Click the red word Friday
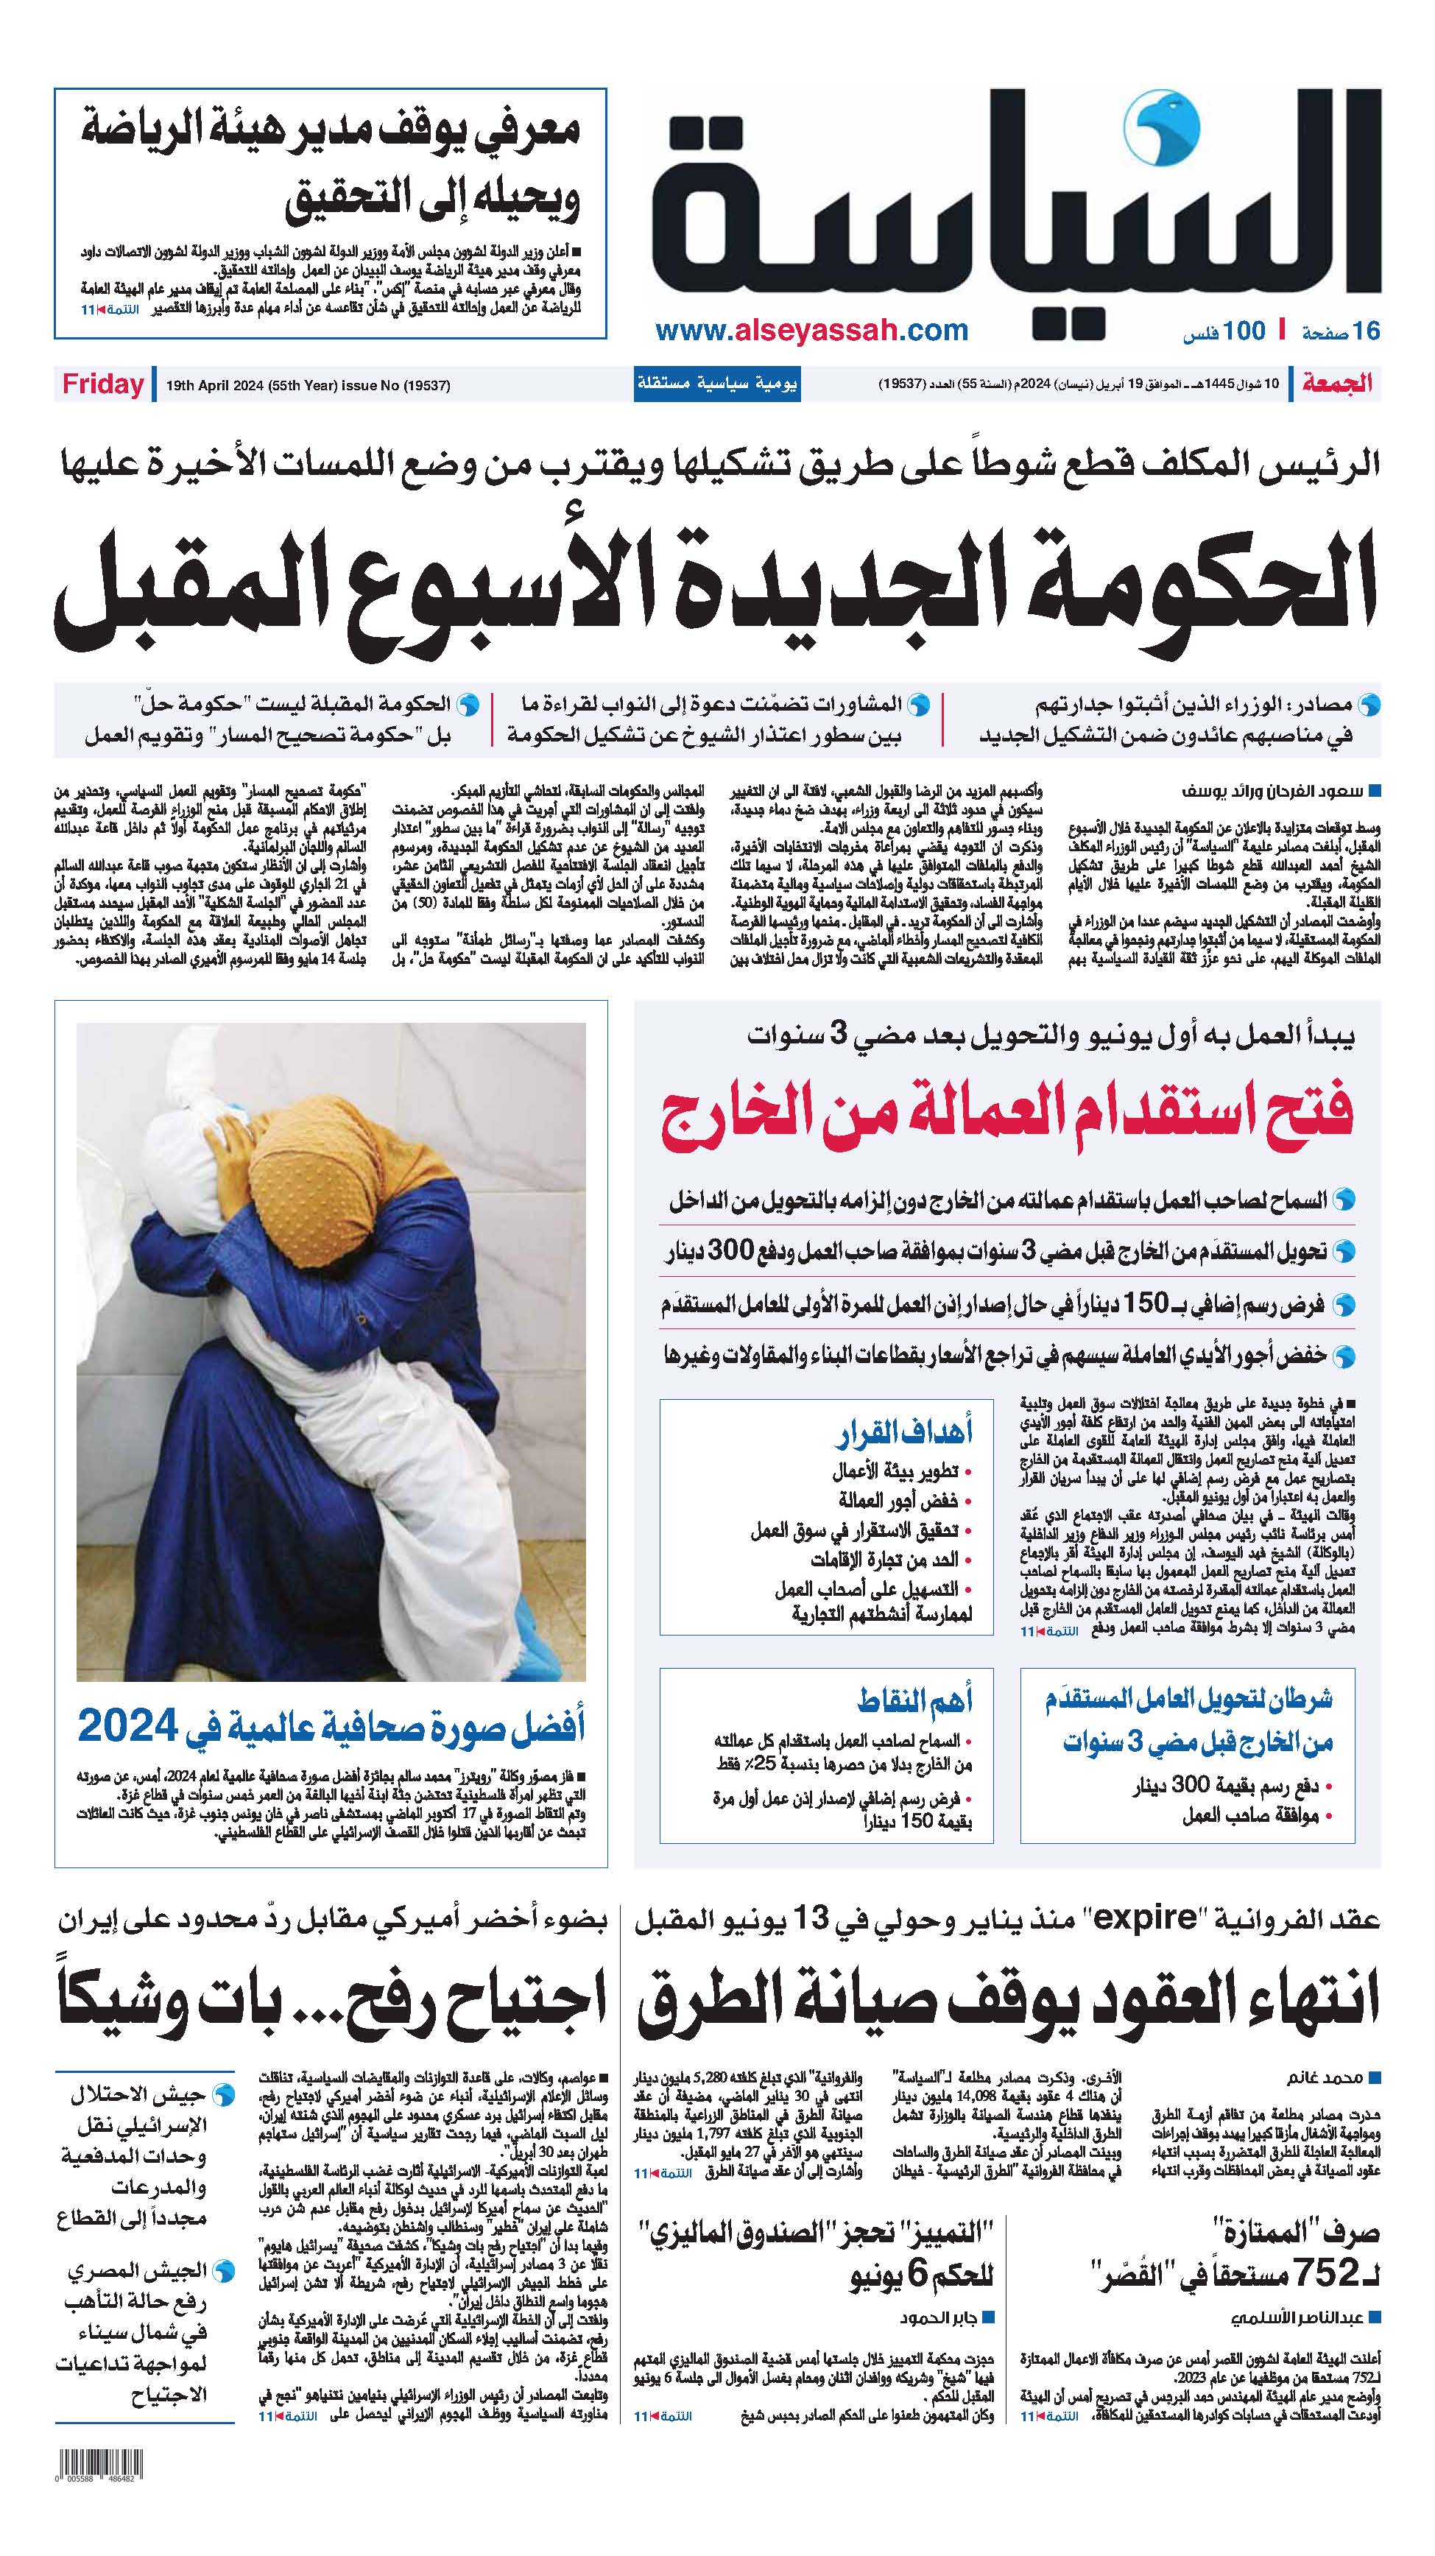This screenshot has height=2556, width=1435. click(103, 385)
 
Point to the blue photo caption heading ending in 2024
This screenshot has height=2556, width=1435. click(331, 1728)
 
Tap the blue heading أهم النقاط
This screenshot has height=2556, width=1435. click(914, 1700)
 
